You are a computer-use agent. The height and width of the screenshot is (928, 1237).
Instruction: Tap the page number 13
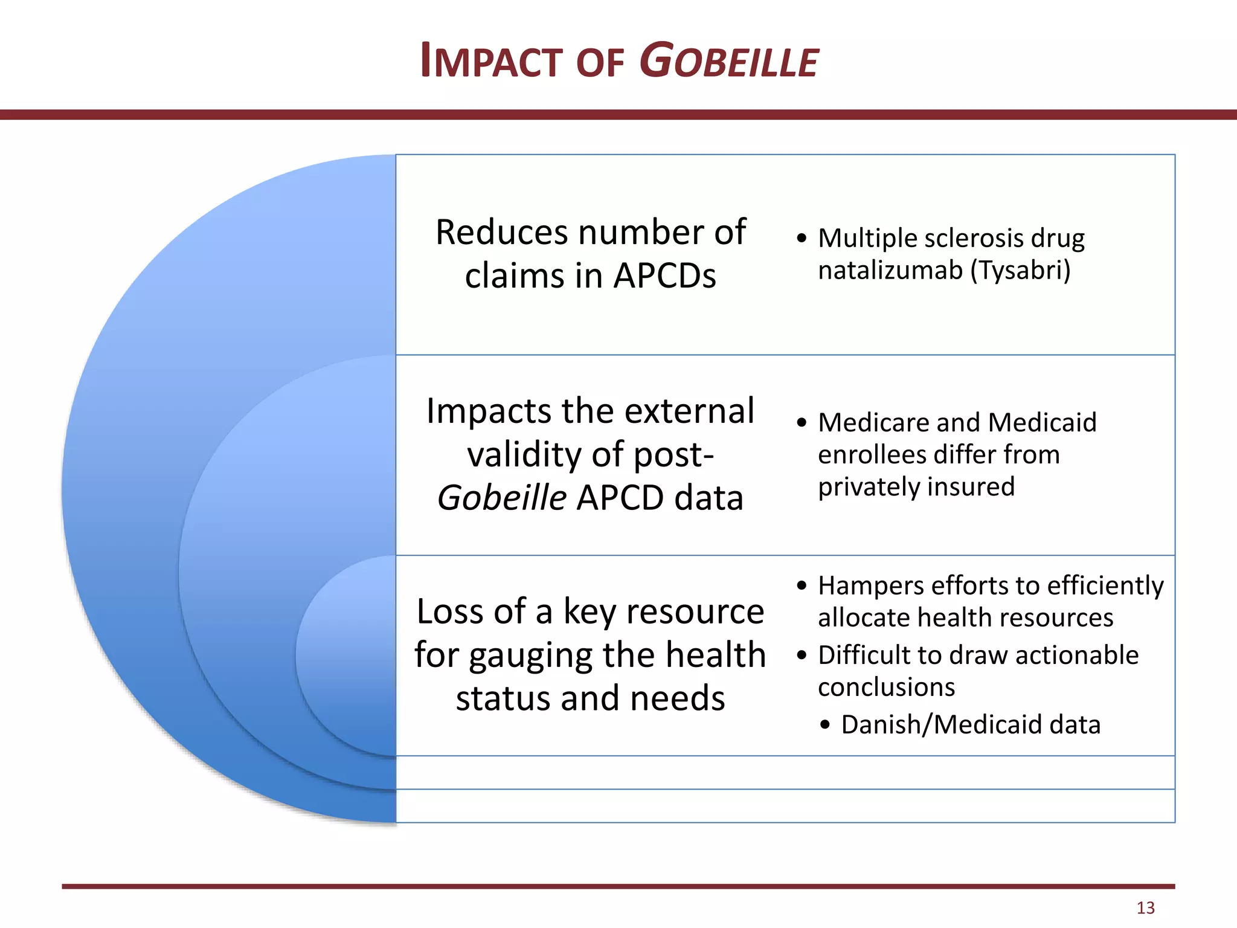(1145, 907)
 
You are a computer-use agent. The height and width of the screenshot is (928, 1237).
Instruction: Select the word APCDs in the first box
(664, 276)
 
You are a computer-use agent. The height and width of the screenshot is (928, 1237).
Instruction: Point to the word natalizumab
(890, 270)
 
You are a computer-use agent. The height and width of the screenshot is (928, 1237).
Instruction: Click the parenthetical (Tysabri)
(1020, 270)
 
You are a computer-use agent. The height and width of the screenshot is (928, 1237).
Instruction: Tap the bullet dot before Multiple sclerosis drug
(802, 238)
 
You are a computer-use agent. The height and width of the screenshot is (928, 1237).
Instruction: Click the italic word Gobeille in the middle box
(501, 498)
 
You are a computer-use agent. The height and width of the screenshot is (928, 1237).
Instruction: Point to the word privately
(868, 487)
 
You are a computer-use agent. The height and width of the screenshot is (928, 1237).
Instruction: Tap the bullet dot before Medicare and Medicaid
(802, 422)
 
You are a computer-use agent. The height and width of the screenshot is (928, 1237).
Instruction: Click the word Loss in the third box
(450, 611)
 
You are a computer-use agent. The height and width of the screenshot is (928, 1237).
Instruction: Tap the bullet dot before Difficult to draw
(802, 656)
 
